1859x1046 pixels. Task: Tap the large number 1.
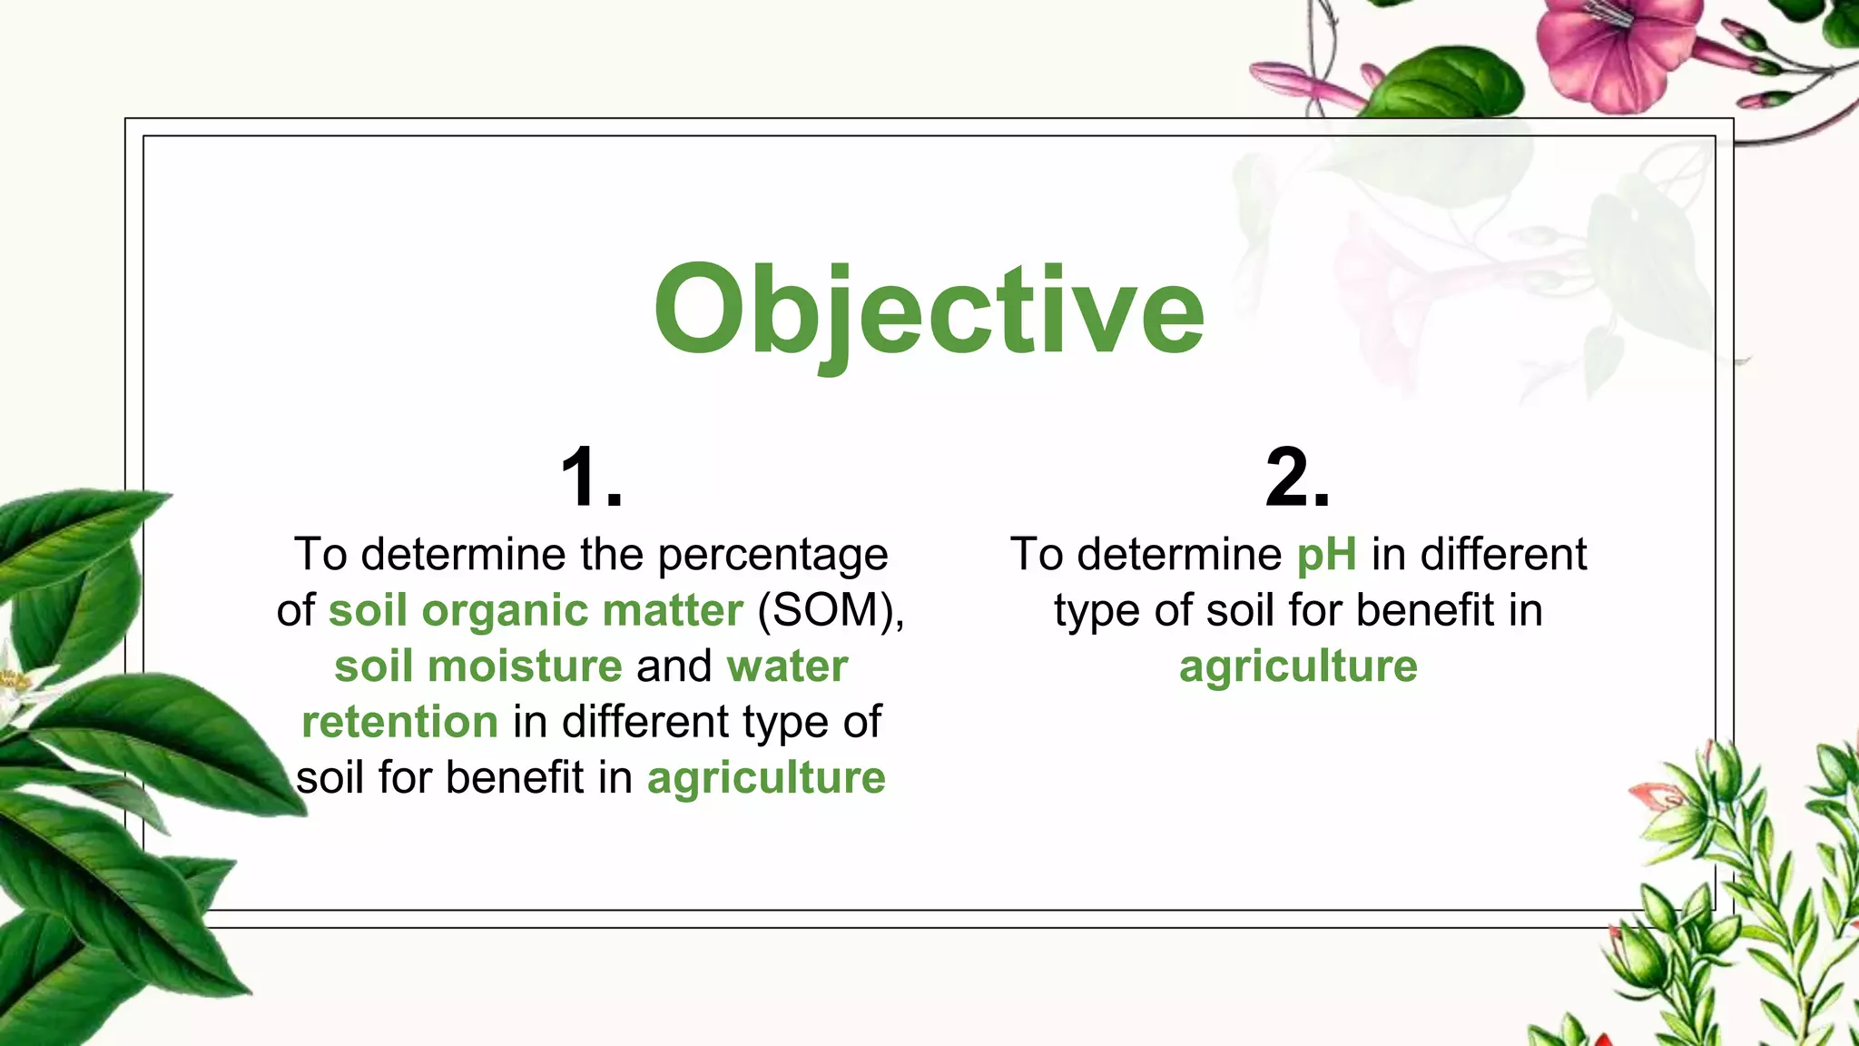click(x=592, y=478)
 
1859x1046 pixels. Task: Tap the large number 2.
click(x=1298, y=478)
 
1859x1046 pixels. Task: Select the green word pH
click(x=1326, y=554)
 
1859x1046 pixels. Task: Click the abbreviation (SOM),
click(x=831, y=610)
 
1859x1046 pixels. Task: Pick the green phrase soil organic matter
click(x=536, y=610)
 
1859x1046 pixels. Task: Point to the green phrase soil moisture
click(x=478, y=666)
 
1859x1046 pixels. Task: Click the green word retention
click(x=399, y=722)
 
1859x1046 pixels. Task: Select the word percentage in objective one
click(x=772, y=556)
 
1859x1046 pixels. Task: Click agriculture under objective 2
click(x=1298, y=666)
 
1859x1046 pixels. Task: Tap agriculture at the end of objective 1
click(x=765, y=778)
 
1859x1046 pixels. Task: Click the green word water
click(x=787, y=666)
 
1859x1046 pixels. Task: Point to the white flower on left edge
click(x=14, y=690)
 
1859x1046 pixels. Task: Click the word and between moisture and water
click(x=674, y=666)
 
